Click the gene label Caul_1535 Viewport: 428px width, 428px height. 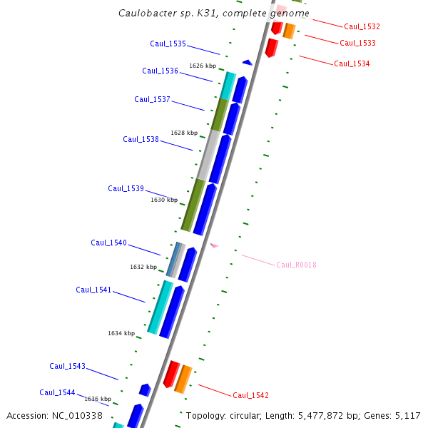(x=168, y=44)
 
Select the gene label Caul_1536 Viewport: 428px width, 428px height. (x=160, y=71)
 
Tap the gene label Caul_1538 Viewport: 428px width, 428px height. (x=141, y=139)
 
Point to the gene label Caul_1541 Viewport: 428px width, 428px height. (x=93, y=290)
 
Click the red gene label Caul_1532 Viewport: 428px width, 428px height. (x=362, y=26)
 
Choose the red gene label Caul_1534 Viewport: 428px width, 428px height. (x=352, y=63)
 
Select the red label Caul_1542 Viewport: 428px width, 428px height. (x=250, y=395)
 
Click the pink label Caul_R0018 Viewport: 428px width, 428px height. (x=296, y=265)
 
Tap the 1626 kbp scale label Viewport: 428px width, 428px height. (x=202, y=66)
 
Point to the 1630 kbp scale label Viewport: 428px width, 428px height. (x=163, y=200)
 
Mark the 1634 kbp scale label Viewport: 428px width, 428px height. (x=121, y=333)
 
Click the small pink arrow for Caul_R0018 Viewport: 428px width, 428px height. (x=214, y=245)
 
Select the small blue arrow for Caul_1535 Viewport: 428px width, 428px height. (x=247, y=63)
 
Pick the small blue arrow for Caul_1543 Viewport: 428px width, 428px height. (x=145, y=389)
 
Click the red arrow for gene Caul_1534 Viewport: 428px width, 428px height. (x=271, y=47)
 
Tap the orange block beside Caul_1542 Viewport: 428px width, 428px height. (x=183, y=378)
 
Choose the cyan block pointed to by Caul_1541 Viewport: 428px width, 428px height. (x=160, y=307)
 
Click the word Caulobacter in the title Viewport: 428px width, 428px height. (x=147, y=13)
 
